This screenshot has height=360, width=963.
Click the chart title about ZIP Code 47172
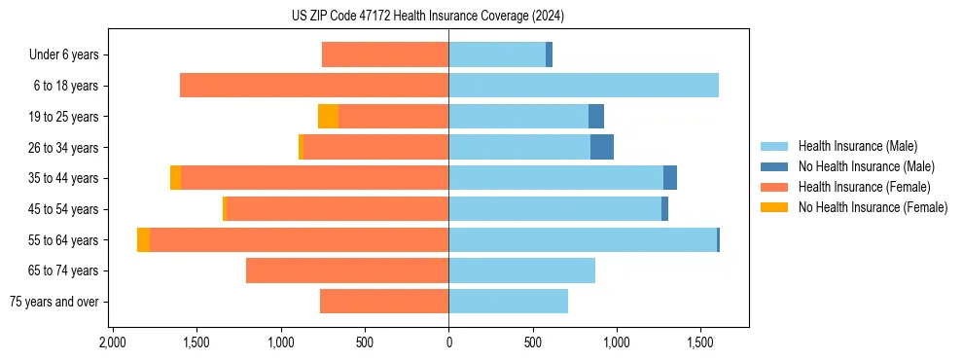(427, 17)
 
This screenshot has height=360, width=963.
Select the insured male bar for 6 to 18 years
(583, 86)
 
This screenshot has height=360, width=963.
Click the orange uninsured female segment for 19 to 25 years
(328, 117)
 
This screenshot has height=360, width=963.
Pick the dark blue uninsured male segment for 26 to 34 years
(601, 148)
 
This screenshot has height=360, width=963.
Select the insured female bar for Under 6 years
(385, 55)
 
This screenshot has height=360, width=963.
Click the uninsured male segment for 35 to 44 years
(669, 178)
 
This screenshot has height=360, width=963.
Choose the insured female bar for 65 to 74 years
(347, 271)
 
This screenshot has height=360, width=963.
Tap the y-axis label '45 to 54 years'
(63, 210)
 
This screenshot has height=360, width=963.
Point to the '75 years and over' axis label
(54, 303)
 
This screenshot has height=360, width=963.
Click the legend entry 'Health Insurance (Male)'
(857, 146)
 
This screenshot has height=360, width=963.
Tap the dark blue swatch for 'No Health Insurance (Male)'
(774, 166)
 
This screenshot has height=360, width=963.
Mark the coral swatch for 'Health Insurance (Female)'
(774, 187)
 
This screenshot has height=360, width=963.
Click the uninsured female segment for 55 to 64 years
(143, 240)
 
